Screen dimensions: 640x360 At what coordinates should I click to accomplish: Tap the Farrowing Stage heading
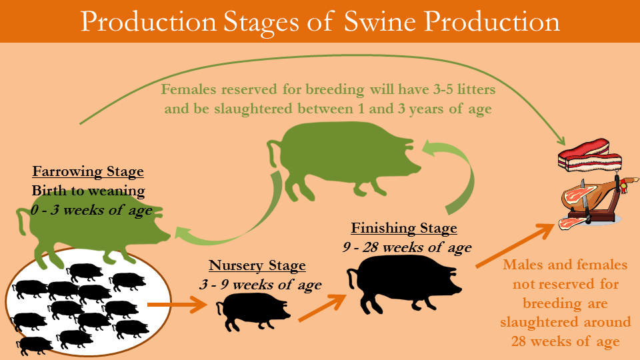88,171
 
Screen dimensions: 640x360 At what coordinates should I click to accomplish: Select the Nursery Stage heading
257,265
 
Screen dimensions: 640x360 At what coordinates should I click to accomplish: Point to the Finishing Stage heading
404,228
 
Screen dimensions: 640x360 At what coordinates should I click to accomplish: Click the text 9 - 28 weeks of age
407,247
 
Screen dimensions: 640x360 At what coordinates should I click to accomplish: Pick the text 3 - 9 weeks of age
261,284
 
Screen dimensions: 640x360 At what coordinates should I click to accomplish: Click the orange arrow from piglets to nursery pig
178,305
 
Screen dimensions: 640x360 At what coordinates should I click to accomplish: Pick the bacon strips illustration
590,155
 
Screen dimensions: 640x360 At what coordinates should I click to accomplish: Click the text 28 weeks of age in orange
565,341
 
